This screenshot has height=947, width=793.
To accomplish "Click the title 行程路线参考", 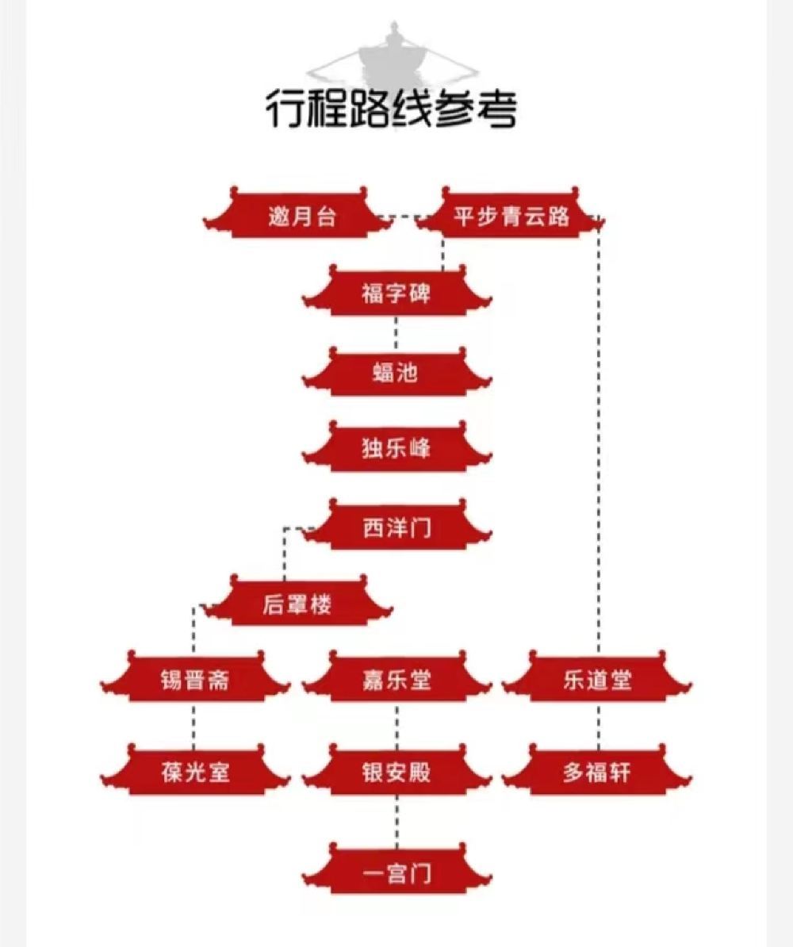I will coord(390,109).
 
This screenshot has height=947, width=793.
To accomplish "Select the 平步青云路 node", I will coord(511,217).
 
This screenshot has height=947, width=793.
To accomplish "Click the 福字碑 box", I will coord(396,294).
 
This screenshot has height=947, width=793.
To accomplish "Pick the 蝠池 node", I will coord(396,372).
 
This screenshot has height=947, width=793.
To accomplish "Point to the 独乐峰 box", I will coord(396,449).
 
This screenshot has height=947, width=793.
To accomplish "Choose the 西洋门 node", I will coord(396,527).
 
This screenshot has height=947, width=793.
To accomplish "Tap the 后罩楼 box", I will coord(297,605).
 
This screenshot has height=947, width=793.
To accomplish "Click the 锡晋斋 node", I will coord(194,680).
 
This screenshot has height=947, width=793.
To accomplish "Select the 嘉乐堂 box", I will coord(396,680).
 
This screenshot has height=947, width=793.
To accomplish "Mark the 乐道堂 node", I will coord(597,680).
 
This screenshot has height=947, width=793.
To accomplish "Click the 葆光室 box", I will coord(194,772).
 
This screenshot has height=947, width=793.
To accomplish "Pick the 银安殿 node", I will coord(396,772).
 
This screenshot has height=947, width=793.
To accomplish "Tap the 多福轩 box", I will coord(597,772).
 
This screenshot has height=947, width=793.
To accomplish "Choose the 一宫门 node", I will coord(396,874).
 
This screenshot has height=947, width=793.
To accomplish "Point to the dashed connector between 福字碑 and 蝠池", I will coord(396,332).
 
